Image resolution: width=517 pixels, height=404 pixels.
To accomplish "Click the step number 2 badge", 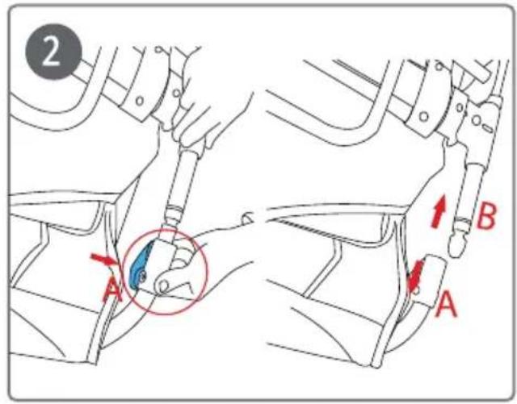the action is coord(54,52).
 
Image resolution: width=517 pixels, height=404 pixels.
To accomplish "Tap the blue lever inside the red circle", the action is coord(140,264).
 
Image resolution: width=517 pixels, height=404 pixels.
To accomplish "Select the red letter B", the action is coord(486,216).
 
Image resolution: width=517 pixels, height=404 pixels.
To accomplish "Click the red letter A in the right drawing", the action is coord(446,305).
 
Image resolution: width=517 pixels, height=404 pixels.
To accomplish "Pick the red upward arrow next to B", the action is coord(439,210).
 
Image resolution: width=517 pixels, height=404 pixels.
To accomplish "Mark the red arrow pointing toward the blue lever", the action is coord(103,260).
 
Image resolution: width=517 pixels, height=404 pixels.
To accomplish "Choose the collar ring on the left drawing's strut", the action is coord(173,214).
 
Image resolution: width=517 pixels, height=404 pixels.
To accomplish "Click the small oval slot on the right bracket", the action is coord(488,128).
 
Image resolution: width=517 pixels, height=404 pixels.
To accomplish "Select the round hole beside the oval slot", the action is coord(476,120).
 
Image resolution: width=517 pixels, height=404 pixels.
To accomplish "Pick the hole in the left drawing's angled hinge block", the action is coord(140,101).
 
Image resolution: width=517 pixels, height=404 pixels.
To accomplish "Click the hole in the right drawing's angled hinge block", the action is coord(423,117).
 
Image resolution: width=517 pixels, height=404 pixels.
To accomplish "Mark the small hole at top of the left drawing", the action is coord(159,50).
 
